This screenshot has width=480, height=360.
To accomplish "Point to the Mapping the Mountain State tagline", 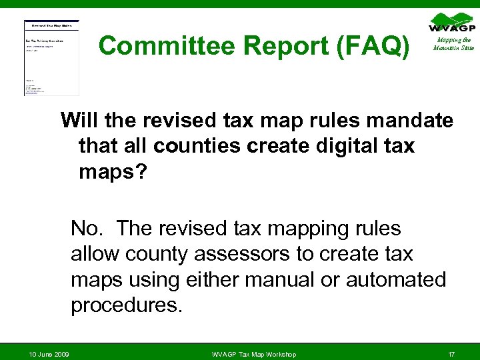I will [453, 44].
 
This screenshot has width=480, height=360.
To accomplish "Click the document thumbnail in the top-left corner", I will [51, 57].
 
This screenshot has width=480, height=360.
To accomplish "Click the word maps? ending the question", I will [111, 171].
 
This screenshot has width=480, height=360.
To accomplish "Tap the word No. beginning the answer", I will [87, 229].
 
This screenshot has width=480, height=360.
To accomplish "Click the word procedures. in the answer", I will [126, 305].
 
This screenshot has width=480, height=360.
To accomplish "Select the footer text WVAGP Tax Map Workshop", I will [253, 353].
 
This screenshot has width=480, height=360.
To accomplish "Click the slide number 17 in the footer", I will [451, 353].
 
